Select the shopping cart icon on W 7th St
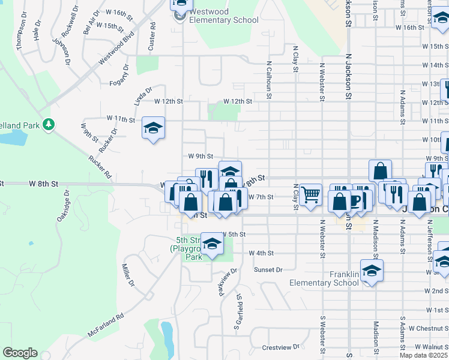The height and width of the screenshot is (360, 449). coord(310,194)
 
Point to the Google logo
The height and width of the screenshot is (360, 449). coord(20,353)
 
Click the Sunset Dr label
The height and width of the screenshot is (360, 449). coord(268,270)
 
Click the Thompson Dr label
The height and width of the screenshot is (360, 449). coord(22,28)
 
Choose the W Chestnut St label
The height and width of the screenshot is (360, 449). coord(428,328)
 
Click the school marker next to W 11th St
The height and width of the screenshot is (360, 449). coord(154,127)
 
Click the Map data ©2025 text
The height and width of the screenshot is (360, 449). coord(423,355)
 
